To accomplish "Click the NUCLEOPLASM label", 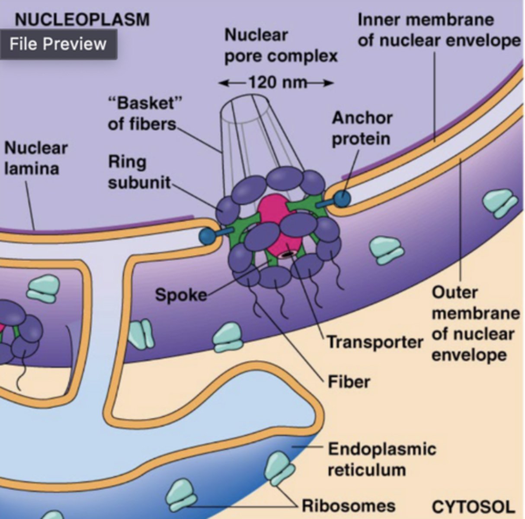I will pyautogui.click(x=82, y=19).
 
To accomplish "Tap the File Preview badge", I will pyautogui.click(x=58, y=44).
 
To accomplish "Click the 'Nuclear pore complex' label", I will pyautogui.click(x=281, y=45).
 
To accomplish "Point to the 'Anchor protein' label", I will pyautogui.click(x=362, y=128).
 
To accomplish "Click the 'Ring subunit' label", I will pyautogui.click(x=139, y=172).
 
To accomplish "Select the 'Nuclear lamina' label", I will pyautogui.click(x=35, y=158).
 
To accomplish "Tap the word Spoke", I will pyautogui.click(x=181, y=295).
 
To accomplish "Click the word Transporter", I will pyautogui.click(x=375, y=342).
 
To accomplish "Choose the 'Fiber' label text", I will pyautogui.click(x=349, y=382).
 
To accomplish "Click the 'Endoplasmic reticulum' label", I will pyautogui.click(x=381, y=459).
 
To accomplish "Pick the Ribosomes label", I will pyautogui.click(x=348, y=505).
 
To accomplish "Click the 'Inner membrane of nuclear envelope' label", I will pyautogui.click(x=439, y=30).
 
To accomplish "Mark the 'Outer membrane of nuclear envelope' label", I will pyautogui.click(x=475, y=324).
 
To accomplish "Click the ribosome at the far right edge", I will pyautogui.click(x=500, y=204).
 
